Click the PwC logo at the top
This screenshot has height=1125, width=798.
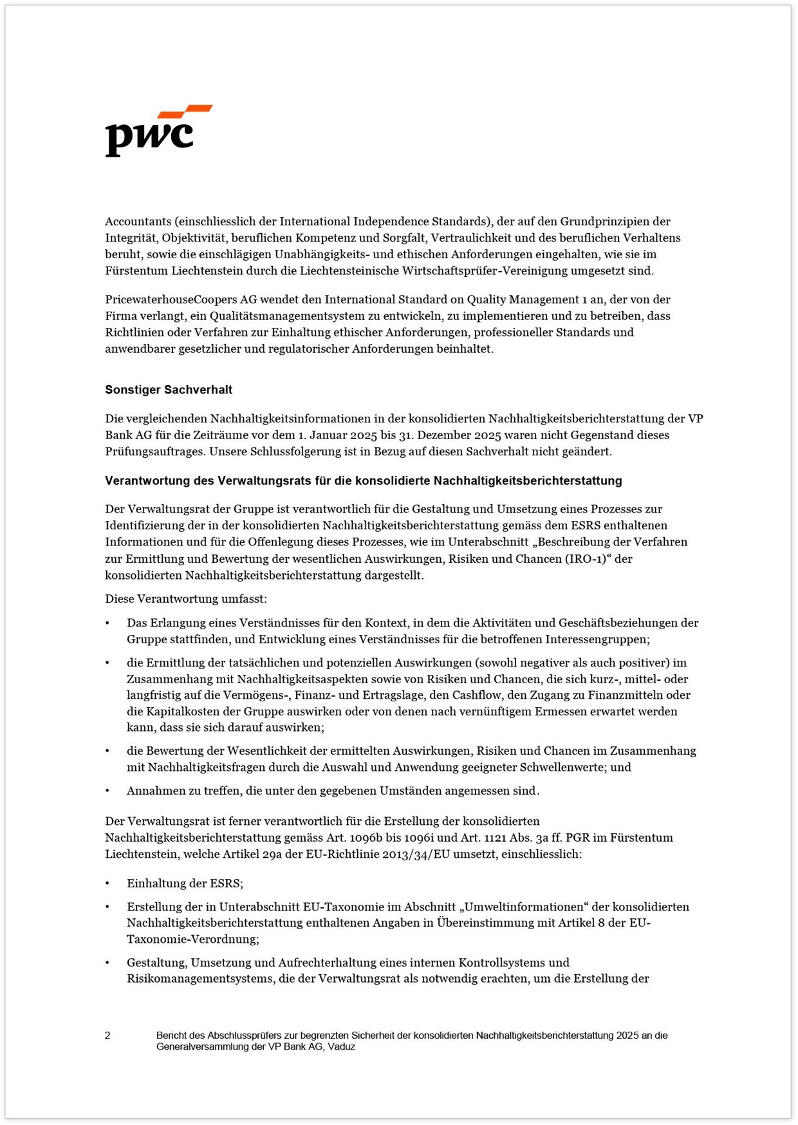click(x=158, y=131)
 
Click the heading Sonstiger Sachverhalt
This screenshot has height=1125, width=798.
click(x=169, y=390)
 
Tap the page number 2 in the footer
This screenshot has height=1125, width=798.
click(x=107, y=1035)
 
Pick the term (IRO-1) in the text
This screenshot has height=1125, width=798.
click(x=588, y=559)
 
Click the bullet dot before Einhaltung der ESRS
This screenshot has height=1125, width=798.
click(x=107, y=884)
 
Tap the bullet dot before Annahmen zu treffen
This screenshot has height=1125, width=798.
click(x=107, y=791)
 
